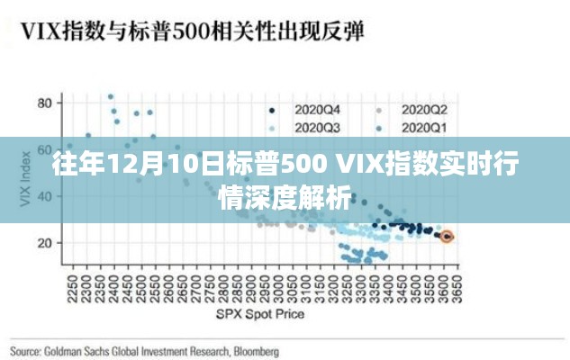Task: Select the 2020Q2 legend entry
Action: coord(424,109)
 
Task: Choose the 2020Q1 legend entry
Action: coord(424,128)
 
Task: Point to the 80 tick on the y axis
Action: coord(43,103)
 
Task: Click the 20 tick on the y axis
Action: coord(43,243)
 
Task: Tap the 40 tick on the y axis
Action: coord(43,197)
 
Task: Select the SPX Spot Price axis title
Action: coord(259,314)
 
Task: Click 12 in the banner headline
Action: coord(121,166)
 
